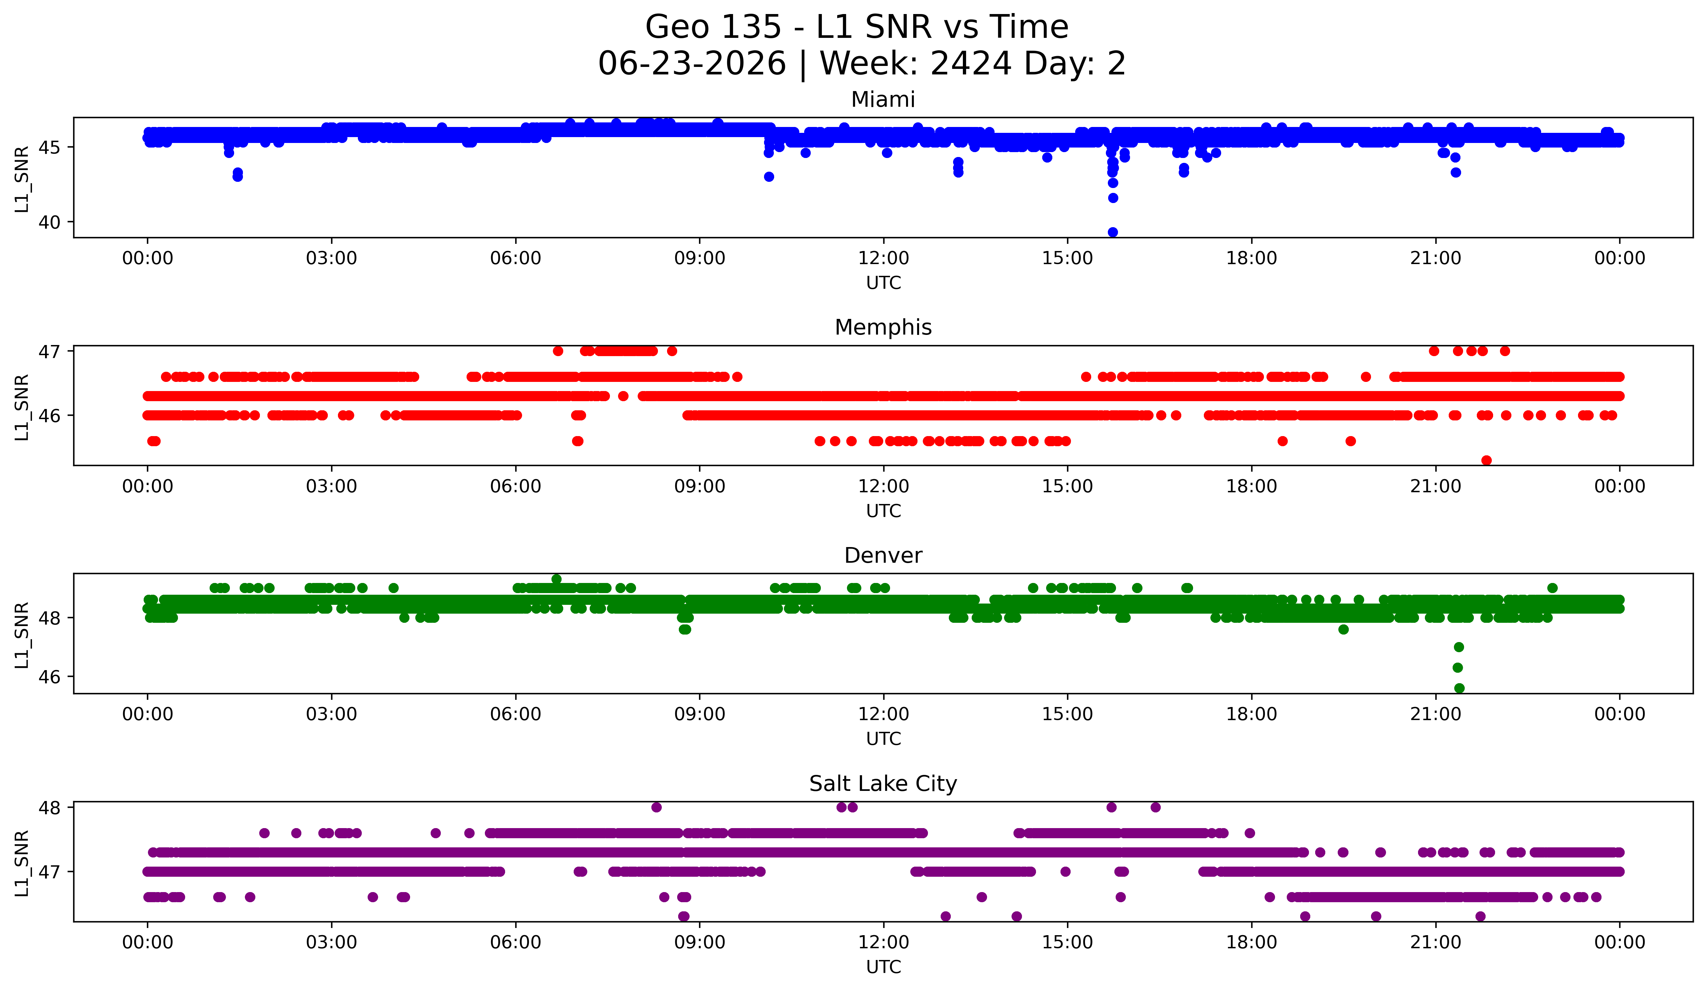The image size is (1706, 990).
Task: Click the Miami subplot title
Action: [883, 100]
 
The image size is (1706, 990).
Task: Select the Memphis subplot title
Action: [883, 327]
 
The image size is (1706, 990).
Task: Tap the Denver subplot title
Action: [883, 556]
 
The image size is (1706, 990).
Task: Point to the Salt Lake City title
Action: [883, 784]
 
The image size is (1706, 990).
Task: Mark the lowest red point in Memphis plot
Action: [1486, 460]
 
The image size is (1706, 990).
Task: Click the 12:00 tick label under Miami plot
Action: [884, 259]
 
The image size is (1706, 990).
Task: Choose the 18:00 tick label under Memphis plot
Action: [1251, 487]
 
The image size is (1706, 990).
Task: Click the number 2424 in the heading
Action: [971, 64]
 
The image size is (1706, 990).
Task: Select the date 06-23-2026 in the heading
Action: [692, 64]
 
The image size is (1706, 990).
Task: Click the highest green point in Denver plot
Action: [556, 579]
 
